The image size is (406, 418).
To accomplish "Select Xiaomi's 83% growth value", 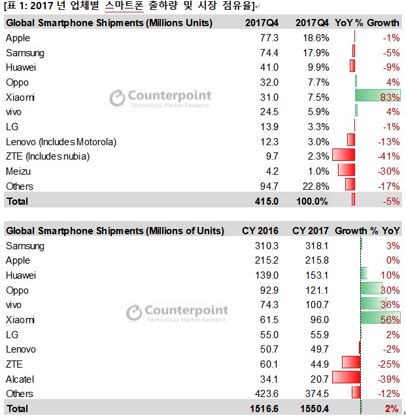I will (x=390, y=97).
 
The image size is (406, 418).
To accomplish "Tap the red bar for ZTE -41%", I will (x=343, y=156).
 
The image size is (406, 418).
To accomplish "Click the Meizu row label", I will (x=18, y=171).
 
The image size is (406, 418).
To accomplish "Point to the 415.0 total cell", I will (x=267, y=201).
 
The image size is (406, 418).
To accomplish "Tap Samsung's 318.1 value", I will (x=315, y=246).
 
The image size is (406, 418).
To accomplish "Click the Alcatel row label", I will (x=20, y=379).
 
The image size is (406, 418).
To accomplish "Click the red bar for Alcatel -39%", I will (x=347, y=379).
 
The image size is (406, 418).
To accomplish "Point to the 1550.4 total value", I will (x=311, y=408).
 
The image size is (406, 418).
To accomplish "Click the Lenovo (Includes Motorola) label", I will (x=61, y=142).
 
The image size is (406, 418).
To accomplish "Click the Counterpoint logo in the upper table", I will (x=160, y=97).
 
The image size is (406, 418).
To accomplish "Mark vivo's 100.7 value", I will (x=315, y=305).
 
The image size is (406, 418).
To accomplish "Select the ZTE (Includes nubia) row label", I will (x=47, y=156).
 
